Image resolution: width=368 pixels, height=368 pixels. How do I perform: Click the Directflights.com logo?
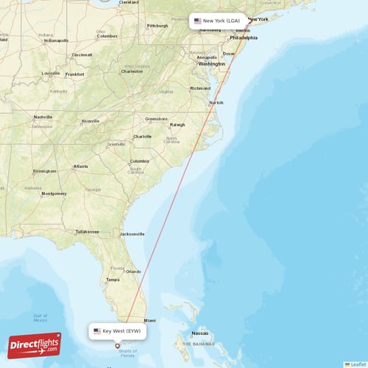(x=34, y=344)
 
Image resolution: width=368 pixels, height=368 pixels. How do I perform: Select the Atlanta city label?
(x=80, y=166)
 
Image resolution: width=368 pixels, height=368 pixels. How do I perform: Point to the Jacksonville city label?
(x=131, y=234)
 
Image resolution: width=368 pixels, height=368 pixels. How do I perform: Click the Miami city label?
(x=150, y=321)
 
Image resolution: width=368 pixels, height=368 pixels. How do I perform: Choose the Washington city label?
(x=211, y=64)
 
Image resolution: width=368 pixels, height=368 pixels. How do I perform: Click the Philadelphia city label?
(x=244, y=38)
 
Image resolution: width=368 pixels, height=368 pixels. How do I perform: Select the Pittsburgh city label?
(x=158, y=26)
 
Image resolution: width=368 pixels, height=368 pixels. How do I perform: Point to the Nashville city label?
(x=43, y=117)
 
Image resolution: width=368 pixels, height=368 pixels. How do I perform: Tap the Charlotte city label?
(x=142, y=136)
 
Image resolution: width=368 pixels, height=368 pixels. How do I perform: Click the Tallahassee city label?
(x=87, y=231)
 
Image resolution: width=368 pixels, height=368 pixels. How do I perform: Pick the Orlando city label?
(x=133, y=272)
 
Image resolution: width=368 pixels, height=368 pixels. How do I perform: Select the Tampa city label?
(x=113, y=280)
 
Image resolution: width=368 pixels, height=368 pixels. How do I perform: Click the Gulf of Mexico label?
(x=40, y=318)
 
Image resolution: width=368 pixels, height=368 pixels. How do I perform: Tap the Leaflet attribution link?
(x=358, y=364)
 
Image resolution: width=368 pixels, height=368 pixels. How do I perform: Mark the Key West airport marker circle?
(x=117, y=345)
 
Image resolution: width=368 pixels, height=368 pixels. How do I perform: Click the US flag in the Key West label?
(x=97, y=331)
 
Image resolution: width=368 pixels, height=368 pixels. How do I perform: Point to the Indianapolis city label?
(x=56, y=40)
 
